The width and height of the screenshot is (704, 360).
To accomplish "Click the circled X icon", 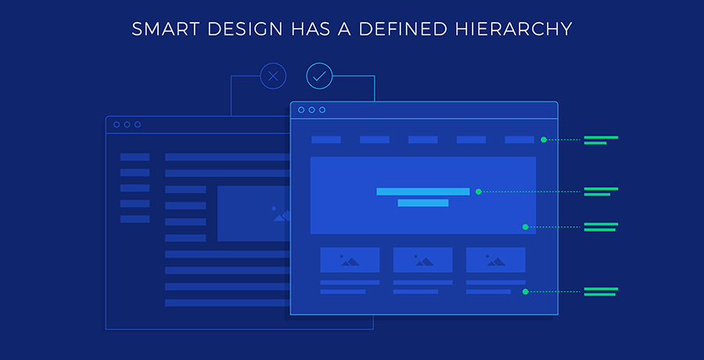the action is click(273, 76).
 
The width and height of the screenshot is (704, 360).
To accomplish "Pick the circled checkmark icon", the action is click(319, 76).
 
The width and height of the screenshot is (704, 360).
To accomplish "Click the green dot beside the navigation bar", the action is click(544, 140).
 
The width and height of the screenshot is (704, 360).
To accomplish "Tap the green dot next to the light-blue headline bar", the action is click(479, 192).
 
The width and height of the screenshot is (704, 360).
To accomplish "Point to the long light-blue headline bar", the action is click(423, 192).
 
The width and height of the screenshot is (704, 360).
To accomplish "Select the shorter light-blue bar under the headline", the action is click(423, 203).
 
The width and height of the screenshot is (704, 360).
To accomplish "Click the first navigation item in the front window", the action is click(326, 140).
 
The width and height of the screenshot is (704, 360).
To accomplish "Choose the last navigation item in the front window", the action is click(519, 140).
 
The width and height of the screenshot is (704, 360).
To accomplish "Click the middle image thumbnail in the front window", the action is click(423, 260).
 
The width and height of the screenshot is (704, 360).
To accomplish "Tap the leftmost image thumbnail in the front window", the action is click(350, 260).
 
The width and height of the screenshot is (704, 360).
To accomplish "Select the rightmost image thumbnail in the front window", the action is click(496, 260).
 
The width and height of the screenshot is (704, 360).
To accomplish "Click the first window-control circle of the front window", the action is click(301, 110).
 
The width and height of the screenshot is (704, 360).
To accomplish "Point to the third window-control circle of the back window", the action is click(138, 124).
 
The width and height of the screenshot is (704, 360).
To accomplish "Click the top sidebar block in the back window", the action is click(135, 157).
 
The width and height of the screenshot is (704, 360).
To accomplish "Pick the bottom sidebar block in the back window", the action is click(135, 219).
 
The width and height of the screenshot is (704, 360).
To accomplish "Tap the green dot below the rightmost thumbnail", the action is click(526, 292).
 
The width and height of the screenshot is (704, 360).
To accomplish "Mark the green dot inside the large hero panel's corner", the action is click(526, 227).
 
